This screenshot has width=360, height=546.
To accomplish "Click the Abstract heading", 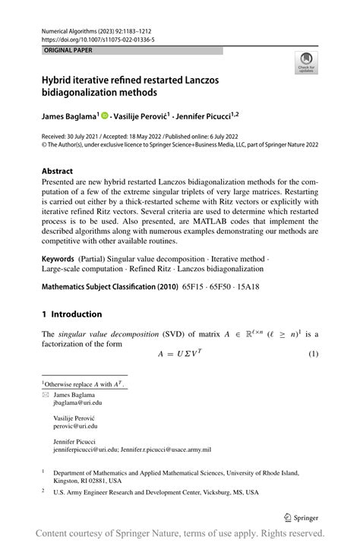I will click(x=58, y=172).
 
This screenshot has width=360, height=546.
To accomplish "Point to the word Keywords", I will click(x=58, y=258).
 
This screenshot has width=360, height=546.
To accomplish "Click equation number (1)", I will click(x=311, y=355).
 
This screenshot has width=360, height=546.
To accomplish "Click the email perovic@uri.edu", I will click(x=74, y=427).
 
